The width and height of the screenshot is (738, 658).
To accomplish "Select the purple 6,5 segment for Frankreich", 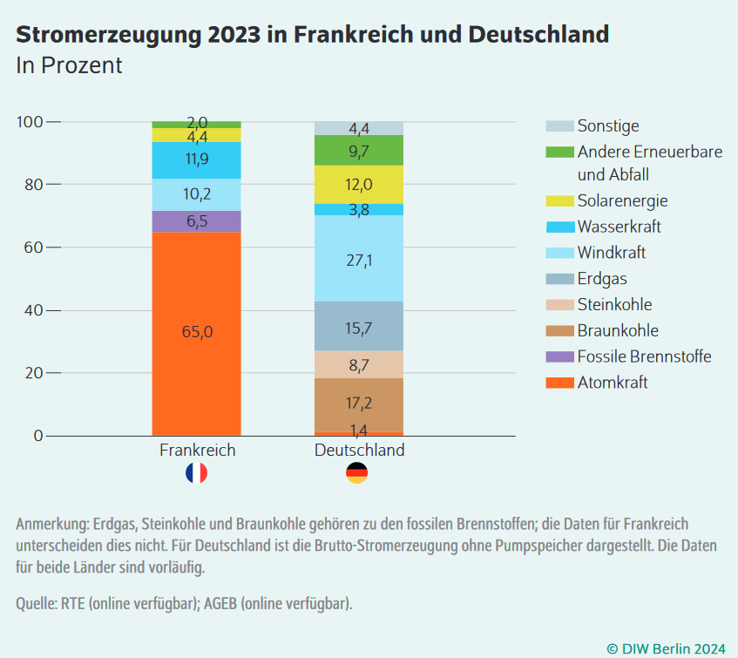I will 196,221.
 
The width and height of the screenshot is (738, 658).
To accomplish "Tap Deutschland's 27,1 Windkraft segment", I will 358,259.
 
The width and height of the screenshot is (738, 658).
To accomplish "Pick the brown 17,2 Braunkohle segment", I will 358,404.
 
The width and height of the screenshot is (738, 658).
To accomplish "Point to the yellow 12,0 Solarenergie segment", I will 358,184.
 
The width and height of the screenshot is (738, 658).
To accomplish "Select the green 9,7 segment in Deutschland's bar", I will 358,150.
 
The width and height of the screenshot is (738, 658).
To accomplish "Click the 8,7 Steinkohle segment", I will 358,364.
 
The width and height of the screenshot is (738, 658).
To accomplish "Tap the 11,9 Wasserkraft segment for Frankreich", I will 196,159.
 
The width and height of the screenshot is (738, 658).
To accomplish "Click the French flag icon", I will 196,473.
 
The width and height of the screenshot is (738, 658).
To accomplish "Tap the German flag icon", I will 357,473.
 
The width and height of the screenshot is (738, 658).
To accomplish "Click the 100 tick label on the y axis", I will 30,122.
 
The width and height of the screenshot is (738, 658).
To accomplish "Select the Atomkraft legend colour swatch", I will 559,383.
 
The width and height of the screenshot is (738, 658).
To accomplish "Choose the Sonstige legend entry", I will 607,126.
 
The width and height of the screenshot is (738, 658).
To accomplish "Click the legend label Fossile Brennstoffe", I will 644,356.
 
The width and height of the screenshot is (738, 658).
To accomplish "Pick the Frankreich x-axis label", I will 197,451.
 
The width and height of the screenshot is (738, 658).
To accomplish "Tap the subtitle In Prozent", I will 69,64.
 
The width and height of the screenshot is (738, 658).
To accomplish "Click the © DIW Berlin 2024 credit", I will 666,648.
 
